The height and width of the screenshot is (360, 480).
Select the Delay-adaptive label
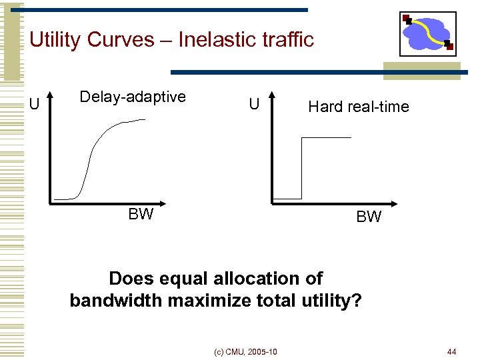click(x=133, y=97)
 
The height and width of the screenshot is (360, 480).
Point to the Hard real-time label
click(x=358, y=107)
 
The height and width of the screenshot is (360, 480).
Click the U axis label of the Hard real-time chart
click(x=254, y=104)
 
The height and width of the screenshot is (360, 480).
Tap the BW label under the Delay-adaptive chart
click(x=141, y=214)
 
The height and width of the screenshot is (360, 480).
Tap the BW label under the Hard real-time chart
click(x=369, y=217)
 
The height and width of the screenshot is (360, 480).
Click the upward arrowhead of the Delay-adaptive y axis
click(x=49, y=97)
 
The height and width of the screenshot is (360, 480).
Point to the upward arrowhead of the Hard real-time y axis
click(x=272, y=97)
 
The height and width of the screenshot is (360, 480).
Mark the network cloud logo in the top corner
click(x=427, y=33)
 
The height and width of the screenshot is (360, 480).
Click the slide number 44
click(x=451, y=351)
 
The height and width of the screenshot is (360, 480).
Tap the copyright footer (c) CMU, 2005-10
click(x=246, y=351)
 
